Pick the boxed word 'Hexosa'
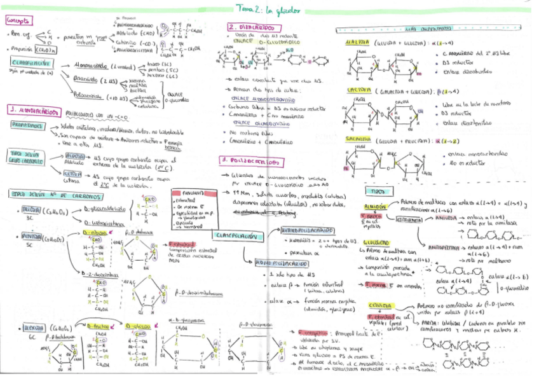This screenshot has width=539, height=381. (x=31, y=327)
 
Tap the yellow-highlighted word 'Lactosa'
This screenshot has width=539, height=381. (x=358, y=91)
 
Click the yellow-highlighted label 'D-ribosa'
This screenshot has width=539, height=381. (x=95, y=233)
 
